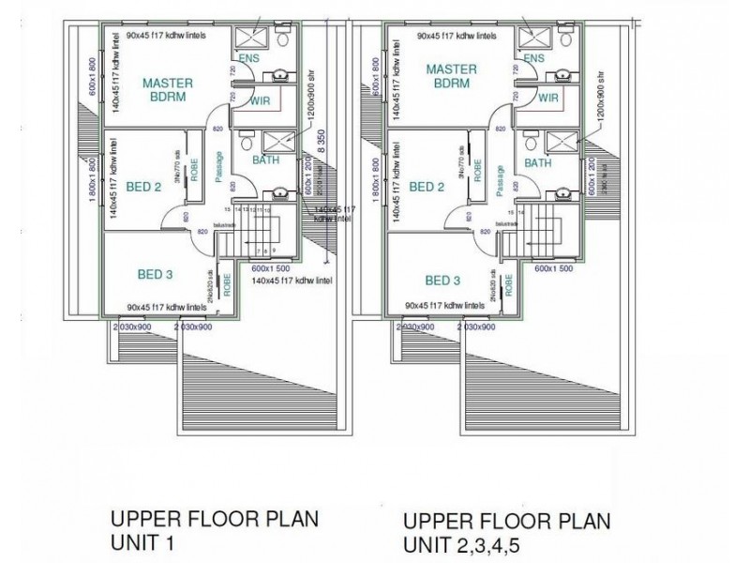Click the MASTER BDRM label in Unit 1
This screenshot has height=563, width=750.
pos(167,90)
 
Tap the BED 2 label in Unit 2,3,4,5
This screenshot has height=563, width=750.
pos(427,187)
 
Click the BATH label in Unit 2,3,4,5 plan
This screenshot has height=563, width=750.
pos(537,163)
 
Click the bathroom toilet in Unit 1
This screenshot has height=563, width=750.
pos(246,145)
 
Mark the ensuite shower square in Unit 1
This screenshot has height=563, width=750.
pos(252,36)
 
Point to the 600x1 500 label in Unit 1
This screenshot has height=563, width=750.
pos(271,267)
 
